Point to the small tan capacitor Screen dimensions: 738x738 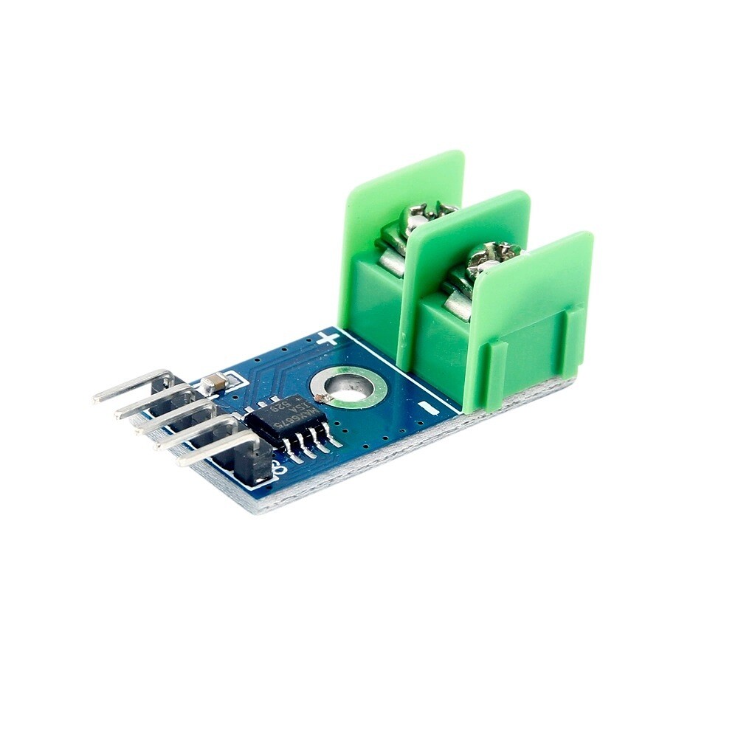[x=213, y=382]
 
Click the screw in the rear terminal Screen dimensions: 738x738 [x=424, y=216]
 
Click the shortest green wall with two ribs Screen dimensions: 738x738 [x=531, y=317]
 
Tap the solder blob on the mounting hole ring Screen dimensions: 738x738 [x=320, y=399]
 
